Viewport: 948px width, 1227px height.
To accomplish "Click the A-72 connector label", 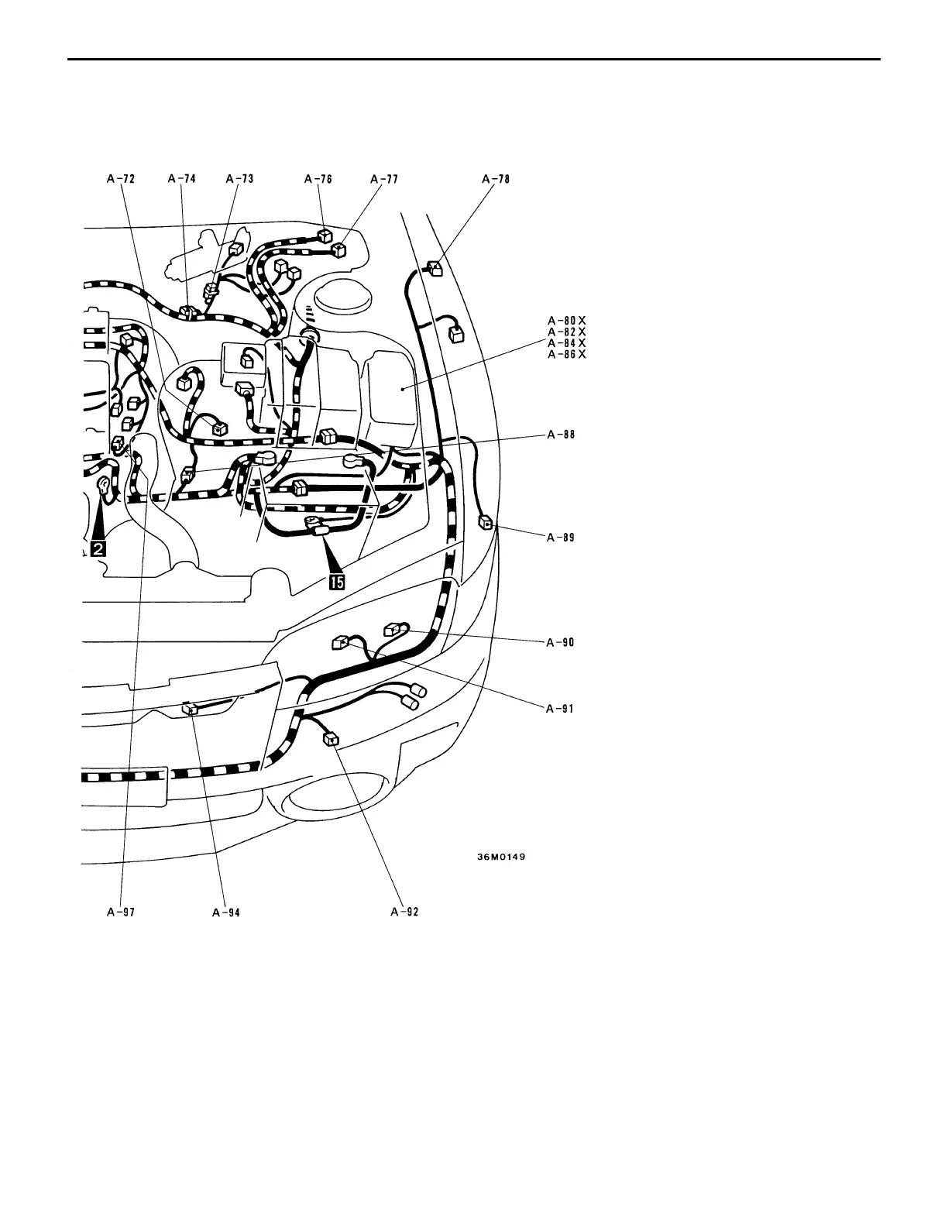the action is click(x=121, y=179).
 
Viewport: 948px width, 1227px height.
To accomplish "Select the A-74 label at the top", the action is click(x=182, y=179).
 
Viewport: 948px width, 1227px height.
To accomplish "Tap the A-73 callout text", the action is click(x=240, y=179).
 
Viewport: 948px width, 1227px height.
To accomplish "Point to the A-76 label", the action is click(x=318, y=179).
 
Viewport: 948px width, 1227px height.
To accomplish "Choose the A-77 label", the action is click(x=384, y=179).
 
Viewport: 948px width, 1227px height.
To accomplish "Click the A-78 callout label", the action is click(x=496, y=179).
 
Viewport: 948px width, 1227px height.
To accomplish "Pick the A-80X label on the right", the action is click(x=567, y=320).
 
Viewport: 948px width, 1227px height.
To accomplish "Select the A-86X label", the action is click(x=567, y=354).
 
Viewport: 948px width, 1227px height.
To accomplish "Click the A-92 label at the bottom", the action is click(x=405, y=913).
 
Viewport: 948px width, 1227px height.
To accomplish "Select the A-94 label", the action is click(x=226, y=913).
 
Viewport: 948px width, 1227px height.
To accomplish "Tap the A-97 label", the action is click(x=121, y=913).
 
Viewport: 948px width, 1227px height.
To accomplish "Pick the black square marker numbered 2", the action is click(x=97, y=548).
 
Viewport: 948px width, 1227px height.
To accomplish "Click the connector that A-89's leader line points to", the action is click(x=486, y=524).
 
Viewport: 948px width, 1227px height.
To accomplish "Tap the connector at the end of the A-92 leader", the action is click(x=331, y=740).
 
